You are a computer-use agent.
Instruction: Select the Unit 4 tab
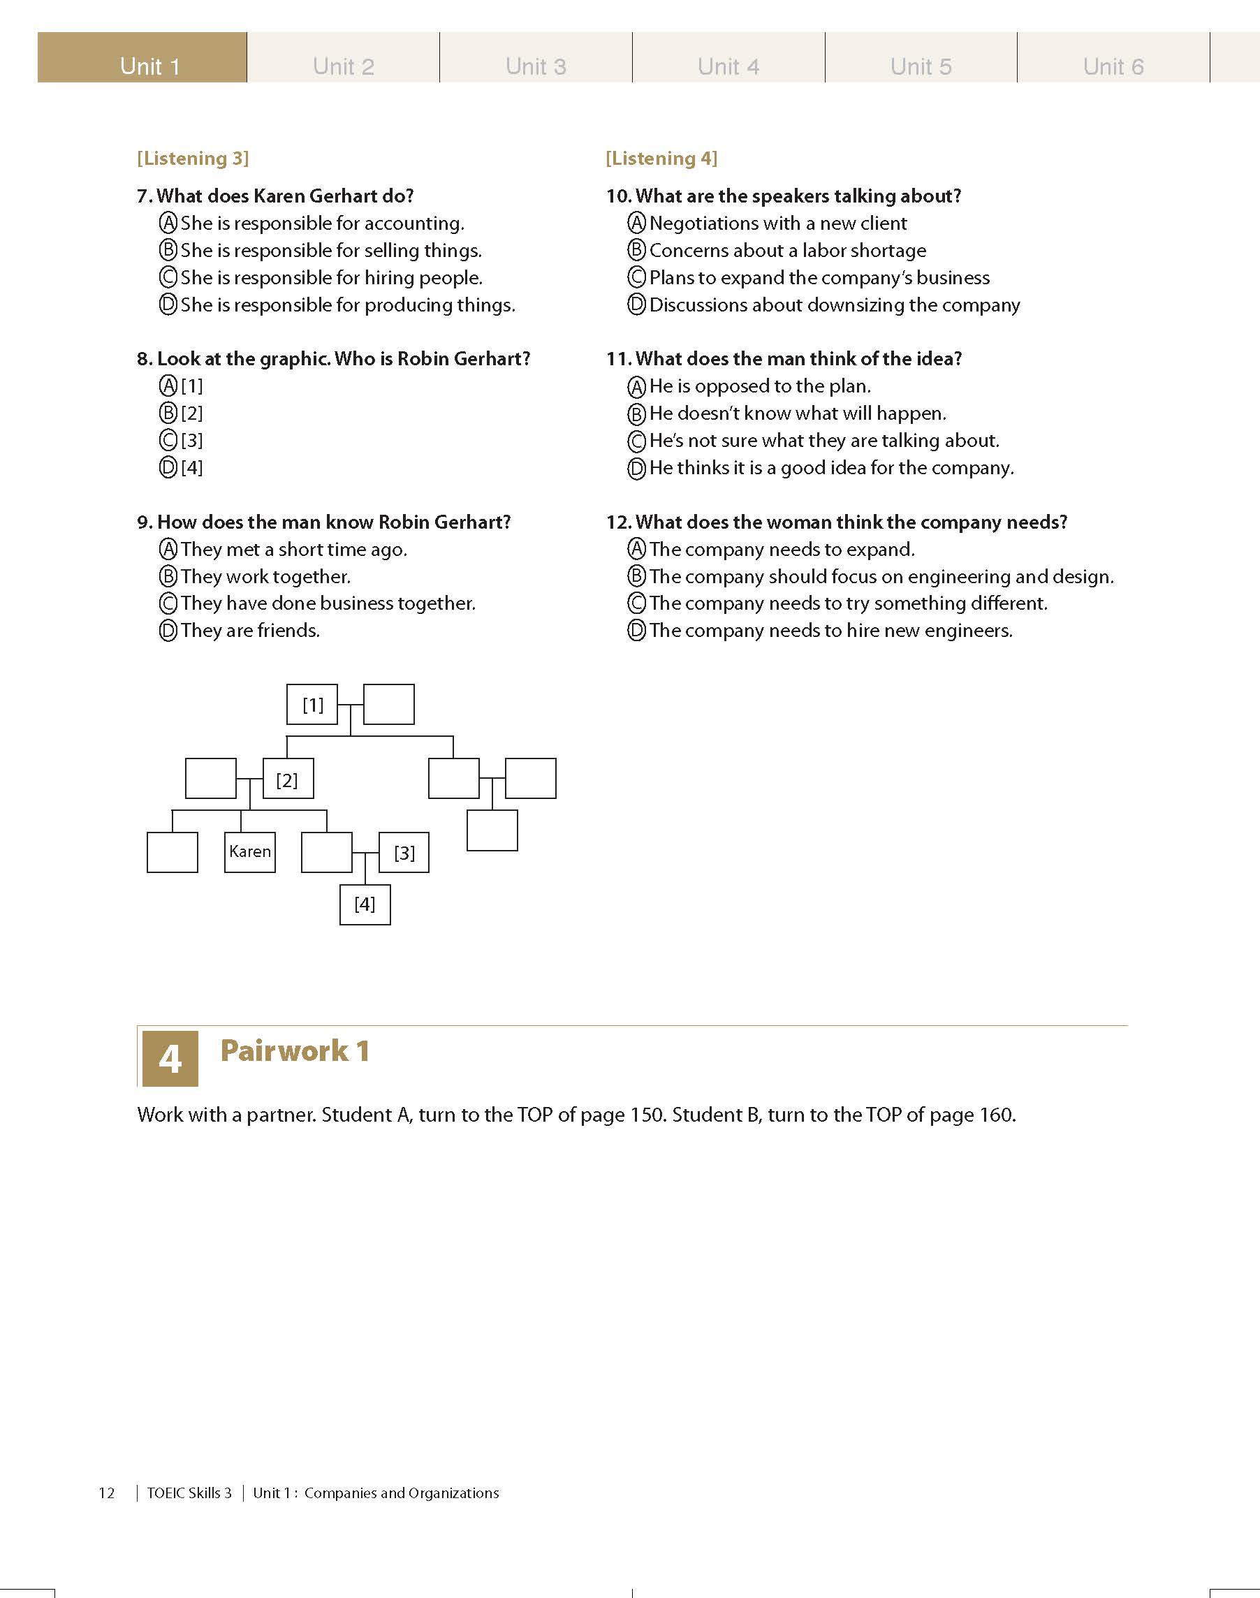(x=728, y=66)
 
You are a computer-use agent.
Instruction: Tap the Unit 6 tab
(x=1113, y=66)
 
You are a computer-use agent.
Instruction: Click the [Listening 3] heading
(x=193, y=159)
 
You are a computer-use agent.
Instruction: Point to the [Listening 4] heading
(x=661, y=159)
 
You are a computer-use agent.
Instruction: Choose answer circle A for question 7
(x=168, y=223)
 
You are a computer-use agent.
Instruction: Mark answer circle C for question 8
(x=168, y=441)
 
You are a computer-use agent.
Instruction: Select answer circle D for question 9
(x=168, y=631)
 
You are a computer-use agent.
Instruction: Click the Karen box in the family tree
(x=250, y=852)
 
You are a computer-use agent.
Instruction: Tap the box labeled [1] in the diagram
(x=312, y=705)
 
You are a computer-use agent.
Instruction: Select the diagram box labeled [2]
(x=288, y=778)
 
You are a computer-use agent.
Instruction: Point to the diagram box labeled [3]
(x=404, y=852)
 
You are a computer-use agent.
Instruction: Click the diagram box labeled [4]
(x=365, y=904)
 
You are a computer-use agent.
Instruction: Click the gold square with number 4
(x=170, y=1058)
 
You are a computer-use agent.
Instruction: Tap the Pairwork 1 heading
(x=294, y=1050)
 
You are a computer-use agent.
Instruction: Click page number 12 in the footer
(x=107, y=1493)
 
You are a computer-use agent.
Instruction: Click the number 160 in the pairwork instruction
(x=996, y=1114)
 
